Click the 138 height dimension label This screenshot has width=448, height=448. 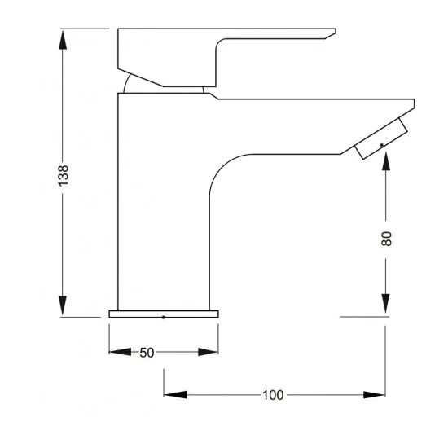(x=64, y=175)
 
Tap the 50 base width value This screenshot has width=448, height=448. (x=147, y=353)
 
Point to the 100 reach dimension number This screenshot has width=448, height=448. (x=274, y=395)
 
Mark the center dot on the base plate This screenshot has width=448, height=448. (x=165, y=317)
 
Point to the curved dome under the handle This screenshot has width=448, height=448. (x=130, y=86)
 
